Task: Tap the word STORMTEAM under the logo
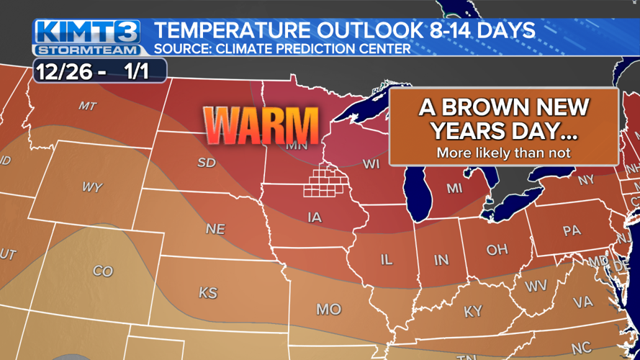pos(88,50)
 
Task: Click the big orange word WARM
pos(261,126)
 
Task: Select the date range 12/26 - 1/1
pos(100,71)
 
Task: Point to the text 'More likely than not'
pos(503,153)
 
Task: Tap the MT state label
pos(87,106)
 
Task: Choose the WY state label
pos(91,187)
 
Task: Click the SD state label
pos(207,163)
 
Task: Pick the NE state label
pos(215,230)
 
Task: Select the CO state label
pos(103,271)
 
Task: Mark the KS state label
pos(208,293)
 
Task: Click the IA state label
pos(315,217)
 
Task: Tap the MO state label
pos(328,309)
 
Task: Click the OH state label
pos(497,249)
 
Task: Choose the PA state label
pos(571,232)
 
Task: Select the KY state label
pos(473,311)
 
